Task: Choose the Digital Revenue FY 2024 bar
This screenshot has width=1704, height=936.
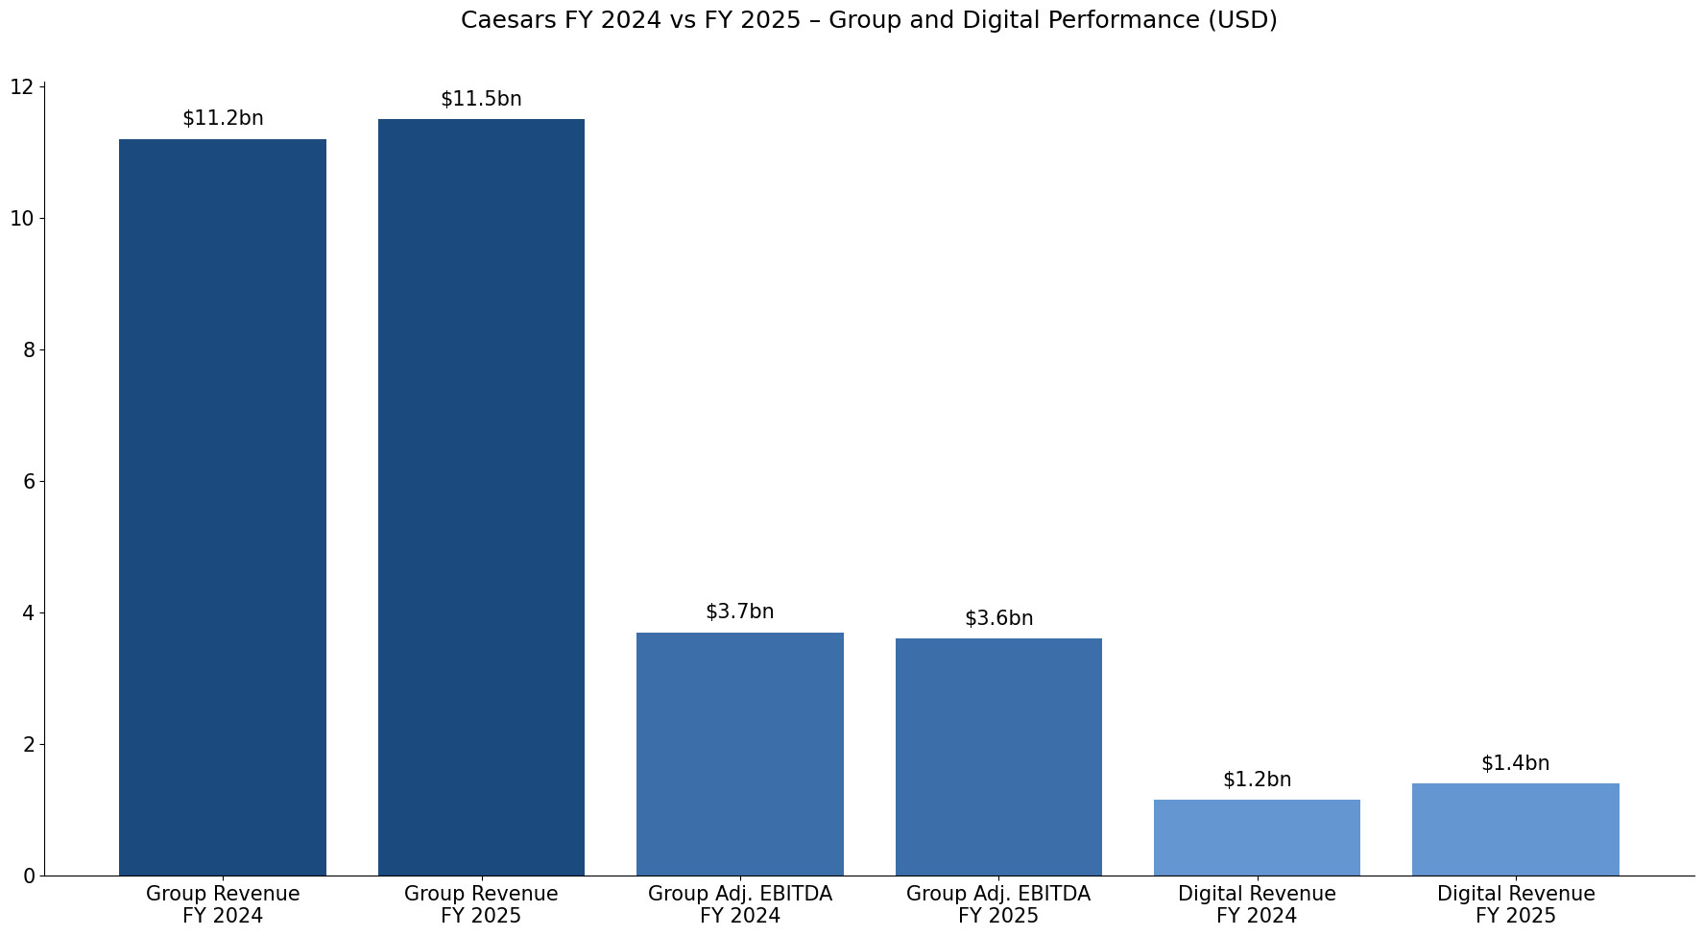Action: [1257, 837]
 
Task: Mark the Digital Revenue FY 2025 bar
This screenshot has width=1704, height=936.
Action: [1515, 829]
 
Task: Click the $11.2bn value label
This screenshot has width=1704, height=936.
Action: [223, 119]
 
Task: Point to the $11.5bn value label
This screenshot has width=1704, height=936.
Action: [481, 100]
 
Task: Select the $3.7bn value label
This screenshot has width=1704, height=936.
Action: [739, 612]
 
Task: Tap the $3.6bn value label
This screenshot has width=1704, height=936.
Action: [998, 619]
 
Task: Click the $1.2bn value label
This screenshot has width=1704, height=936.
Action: [1257, 780]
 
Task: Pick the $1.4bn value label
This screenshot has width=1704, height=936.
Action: [1515, 764]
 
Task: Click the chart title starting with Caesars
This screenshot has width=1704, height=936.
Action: [869, 20]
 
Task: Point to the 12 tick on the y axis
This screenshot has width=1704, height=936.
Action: [22, 87]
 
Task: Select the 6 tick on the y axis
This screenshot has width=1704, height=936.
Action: [29, 482]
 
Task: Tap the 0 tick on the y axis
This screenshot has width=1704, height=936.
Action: [29, 876]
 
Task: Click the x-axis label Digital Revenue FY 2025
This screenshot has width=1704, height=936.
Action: [1515, 905]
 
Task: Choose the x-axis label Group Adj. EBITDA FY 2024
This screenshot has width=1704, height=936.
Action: [739, 905]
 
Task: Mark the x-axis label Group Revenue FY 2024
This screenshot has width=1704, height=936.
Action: [223, 905]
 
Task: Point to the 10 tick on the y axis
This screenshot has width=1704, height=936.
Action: [22, 219]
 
